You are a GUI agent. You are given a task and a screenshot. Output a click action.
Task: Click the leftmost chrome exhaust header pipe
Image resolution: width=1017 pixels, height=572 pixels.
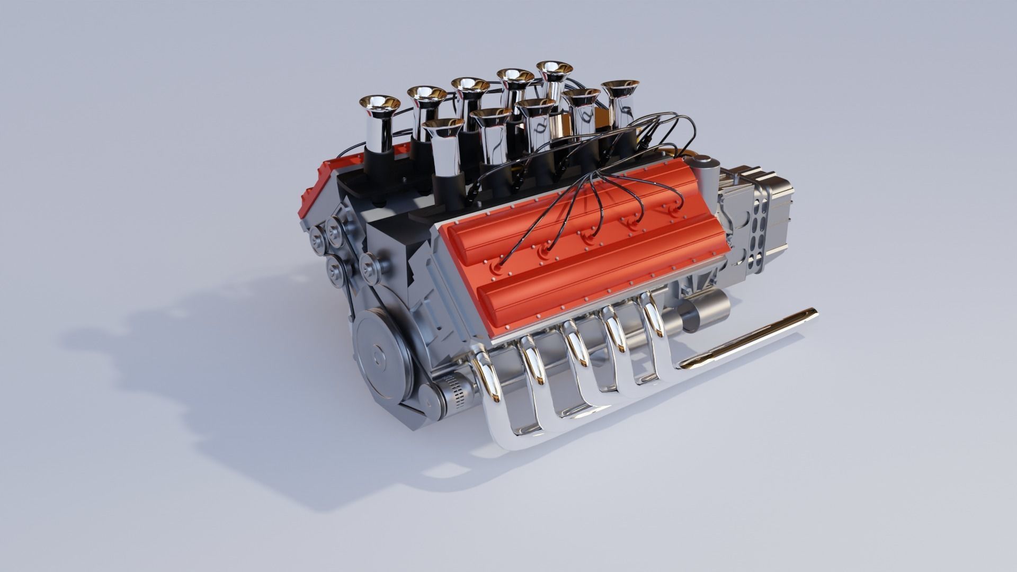(x=485, y=371)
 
